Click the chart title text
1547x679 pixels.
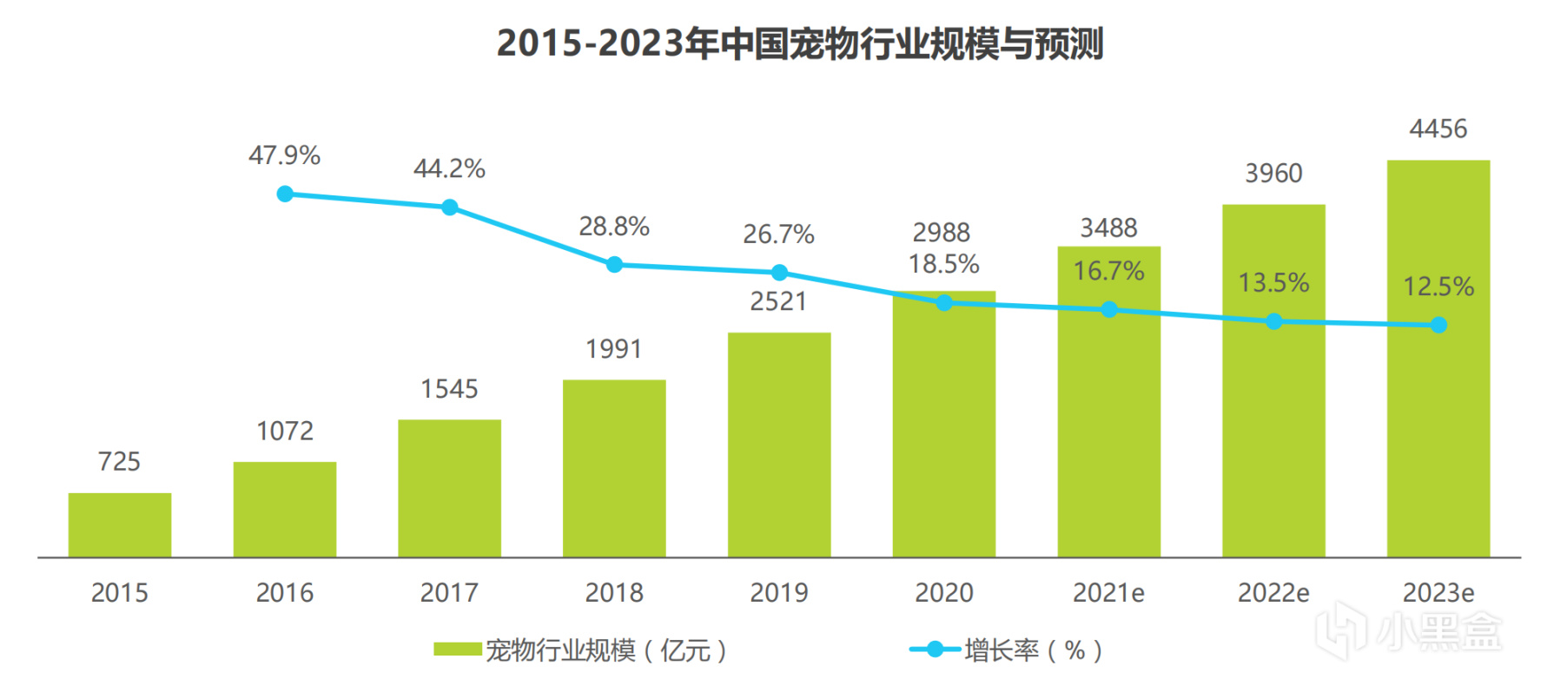point(799,43)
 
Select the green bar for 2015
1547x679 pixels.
point(120,524)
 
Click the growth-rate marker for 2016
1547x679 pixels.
point(285,194)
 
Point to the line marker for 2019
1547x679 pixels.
point(779,273)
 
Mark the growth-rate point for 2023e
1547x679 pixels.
point(1438,325)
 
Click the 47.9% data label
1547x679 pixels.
point(284,155)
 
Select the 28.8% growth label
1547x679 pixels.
point(614,227)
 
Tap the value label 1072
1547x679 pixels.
point(285,431)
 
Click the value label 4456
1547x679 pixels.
point(1438,129)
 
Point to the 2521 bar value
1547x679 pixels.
point(778,301)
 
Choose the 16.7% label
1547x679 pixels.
point(1108,271)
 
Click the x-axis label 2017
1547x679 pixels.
point(449,593)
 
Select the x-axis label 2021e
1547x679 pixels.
point(1108,593)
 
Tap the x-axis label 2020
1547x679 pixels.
point(943,593)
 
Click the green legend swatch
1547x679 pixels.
point(458,649)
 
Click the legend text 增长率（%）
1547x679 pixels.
point(1034,649)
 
